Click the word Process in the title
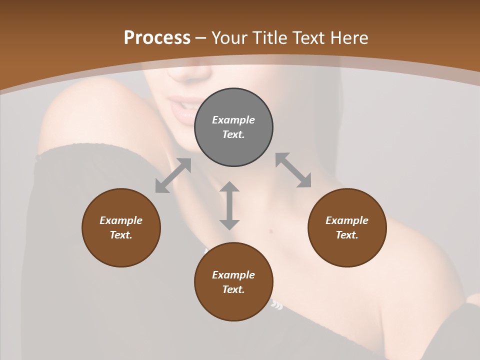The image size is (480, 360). pyautogui.click(x=157, y=38)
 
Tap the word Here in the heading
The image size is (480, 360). pyautogui.click(x=349, y=38)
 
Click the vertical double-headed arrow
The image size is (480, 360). pyautogui.click(x=229, y=205)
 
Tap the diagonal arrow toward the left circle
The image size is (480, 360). pyautogui.click(x=173, y=175)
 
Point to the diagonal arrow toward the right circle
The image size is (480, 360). pyautogui.click(x=293, y=170)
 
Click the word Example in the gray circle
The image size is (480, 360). pyautogui.click(x=233, y=120)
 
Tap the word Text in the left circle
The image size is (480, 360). pyautogui.click(x=121, y=235)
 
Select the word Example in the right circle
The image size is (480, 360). pyautogui.click(x=347, y=220)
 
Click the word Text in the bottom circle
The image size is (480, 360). pyautogui.click(x=233, y=289)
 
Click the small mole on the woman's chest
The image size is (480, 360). pyautogui.click(x=270, y=231)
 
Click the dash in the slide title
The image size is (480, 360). pyautogui.click(x=201, y=38)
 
